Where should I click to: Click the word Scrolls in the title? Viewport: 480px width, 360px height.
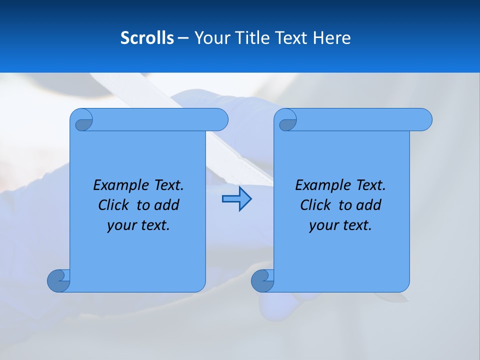click(147, 38)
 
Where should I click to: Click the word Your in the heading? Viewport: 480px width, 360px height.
click(210, 38)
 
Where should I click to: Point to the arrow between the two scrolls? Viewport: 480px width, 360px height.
click(236, 199)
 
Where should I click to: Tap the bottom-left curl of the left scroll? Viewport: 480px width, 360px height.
click(58, 280)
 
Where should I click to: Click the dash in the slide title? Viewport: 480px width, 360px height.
click(183, 38)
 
